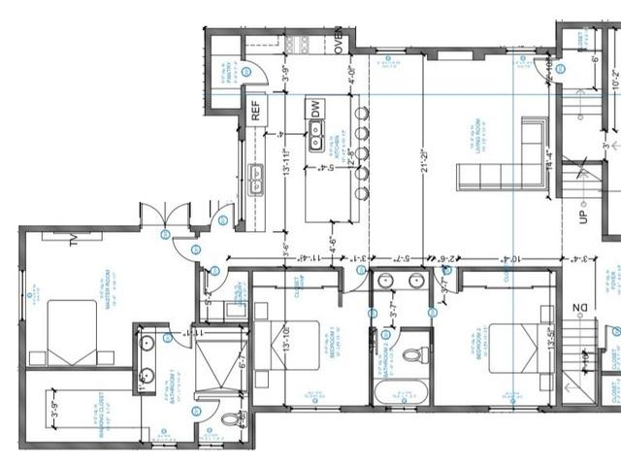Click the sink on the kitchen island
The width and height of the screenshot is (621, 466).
tap(317, 142)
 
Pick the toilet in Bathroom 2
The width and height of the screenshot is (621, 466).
tap(416, 351)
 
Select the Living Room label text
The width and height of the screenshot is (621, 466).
tap(475, 126)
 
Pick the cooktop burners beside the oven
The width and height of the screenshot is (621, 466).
tap(298, 44)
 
